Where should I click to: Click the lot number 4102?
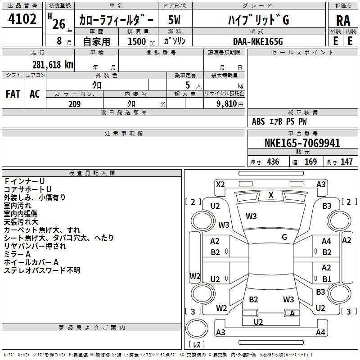pos(22,19)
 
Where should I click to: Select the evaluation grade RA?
pos(343,21)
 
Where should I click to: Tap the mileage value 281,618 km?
pos(53,65)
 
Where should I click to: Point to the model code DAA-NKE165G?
pos(258,41)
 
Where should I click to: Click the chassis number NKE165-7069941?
pos(302,143)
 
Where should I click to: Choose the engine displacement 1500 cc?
pos(141,41)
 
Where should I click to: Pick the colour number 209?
pos(74,104)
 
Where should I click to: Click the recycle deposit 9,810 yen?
pos(229,104)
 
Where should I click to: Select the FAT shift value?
pos(13,94)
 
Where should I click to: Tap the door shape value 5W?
pos(174,20)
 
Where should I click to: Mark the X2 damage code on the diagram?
pos(220,184)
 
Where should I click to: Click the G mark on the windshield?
pos(284,237)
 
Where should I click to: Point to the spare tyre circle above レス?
pos(197,328)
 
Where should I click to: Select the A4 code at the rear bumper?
pos(320,332)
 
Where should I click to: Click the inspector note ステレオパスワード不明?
pos(42,270)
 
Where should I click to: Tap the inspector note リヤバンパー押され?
pos(35,246)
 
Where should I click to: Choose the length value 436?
pos(273,162)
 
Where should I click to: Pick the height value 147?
pos(346,162)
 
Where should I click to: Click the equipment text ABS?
pos(258,121)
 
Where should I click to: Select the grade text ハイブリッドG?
pos(258,20)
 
